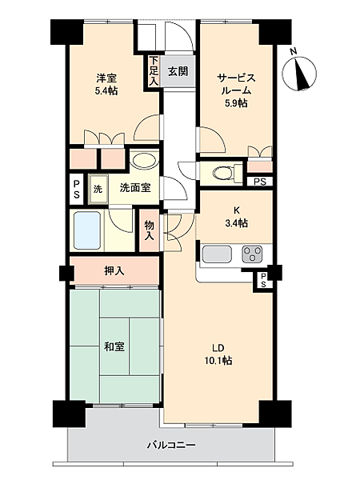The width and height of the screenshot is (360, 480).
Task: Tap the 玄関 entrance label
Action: [x=178, y=71]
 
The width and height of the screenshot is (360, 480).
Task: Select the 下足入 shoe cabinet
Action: [x=154, y=70]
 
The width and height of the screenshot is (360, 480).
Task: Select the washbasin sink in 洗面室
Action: [x=144, y=160]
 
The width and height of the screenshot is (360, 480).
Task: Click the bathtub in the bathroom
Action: [x=87, y=230]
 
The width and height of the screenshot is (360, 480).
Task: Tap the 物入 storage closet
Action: [x=150, y=230]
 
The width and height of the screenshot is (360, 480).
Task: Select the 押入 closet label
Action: [x=114, y=271]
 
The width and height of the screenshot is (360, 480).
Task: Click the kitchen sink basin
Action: [x=217, y=254]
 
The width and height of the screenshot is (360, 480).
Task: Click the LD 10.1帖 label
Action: [x=221, y=354]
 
